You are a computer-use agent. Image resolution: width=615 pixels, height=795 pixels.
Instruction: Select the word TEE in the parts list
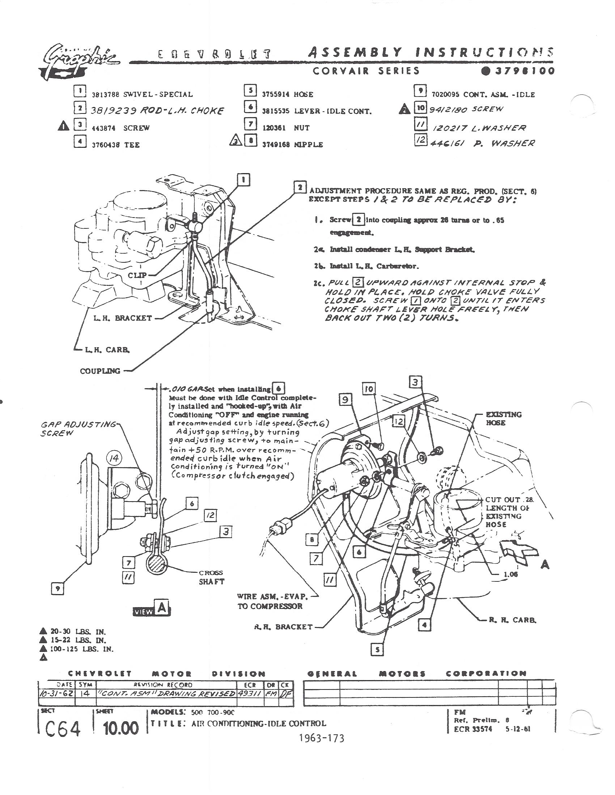click(x=132, y=145)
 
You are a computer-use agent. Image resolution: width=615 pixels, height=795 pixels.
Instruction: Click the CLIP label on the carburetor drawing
click(x=137, y=275)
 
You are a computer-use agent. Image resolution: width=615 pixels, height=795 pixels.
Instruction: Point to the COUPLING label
click(x=100, y=371)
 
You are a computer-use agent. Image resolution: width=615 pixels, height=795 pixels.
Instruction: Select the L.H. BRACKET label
click(x=122, y=318)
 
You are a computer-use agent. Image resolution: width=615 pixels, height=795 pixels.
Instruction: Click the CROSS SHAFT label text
click(x=211, y=577)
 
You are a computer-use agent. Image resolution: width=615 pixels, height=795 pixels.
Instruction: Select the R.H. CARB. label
click(x=512, y=619)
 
